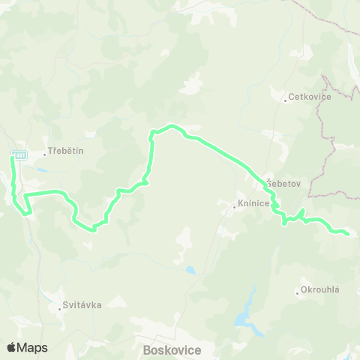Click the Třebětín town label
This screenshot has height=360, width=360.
pos(66,150)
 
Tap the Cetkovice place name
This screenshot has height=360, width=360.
pos(308,97)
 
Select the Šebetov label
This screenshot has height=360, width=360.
pos(278,184)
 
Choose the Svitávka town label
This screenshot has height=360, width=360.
pos(82,304)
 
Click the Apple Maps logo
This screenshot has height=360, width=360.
pos(27,347)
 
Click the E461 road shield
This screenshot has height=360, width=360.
pos(19,155)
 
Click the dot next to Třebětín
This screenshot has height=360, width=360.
pos(45,155)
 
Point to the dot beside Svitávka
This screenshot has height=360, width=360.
pos(60,308)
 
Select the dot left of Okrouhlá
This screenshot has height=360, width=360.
pos(298,292)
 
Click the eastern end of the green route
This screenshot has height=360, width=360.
pos(347,234)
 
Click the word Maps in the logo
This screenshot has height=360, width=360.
pos(33,347)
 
